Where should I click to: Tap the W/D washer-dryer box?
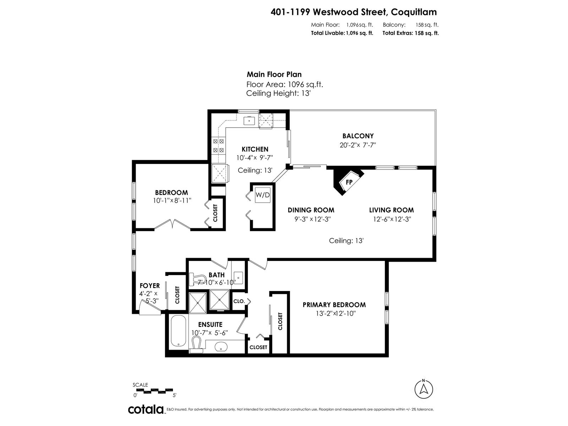(262, 195)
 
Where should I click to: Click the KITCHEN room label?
(255, 149)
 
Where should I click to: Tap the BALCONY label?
(358, 136)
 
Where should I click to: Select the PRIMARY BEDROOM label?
(334, 305)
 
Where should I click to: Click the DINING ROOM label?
(311, 210)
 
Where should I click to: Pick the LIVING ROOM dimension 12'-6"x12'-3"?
(392, 219)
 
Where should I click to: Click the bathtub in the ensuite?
(178, 331)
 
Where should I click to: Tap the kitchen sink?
(249, 121)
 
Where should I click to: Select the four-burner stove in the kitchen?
(218, 146)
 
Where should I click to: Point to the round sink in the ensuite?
(221, 346)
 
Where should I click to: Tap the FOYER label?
(149, 285)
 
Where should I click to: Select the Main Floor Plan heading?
(274, 75)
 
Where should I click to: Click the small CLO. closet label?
(239, 301)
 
